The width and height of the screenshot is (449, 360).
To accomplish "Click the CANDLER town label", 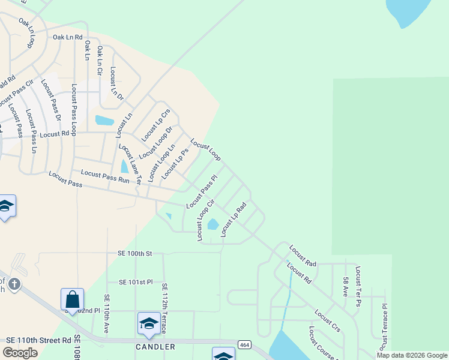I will coord(155,347).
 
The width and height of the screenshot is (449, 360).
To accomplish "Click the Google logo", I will coord(20,353).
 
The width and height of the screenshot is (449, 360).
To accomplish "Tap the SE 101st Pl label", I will coord(136,281).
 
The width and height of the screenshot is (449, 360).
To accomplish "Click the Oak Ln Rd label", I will coord(67,37).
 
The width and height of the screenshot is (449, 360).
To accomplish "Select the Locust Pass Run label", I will coord(105,176).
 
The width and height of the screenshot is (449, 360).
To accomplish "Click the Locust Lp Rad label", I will coord(234,219).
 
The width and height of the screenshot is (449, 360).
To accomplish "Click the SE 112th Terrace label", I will coord(163,307).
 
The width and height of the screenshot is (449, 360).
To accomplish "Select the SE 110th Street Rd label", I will coord(39,340).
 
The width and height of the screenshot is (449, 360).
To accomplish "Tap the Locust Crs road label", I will coord(327,320).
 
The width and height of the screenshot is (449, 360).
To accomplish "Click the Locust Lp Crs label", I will coord(155,125).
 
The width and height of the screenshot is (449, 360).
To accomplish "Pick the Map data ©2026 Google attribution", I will coord(411,355).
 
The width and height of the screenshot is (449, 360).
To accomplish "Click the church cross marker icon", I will coord(14,283).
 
